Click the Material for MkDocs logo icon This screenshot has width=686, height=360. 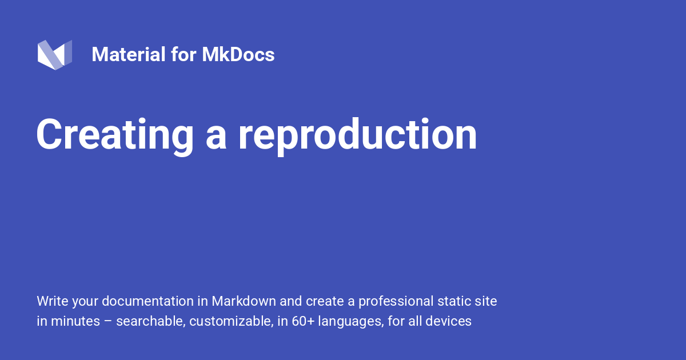click(55, 55)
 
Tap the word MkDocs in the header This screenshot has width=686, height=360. click(238, 55)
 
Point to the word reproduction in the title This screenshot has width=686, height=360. click(357, 135)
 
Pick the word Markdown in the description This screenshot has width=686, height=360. click(244, 301)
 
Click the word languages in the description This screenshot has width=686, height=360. click(350, 321)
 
